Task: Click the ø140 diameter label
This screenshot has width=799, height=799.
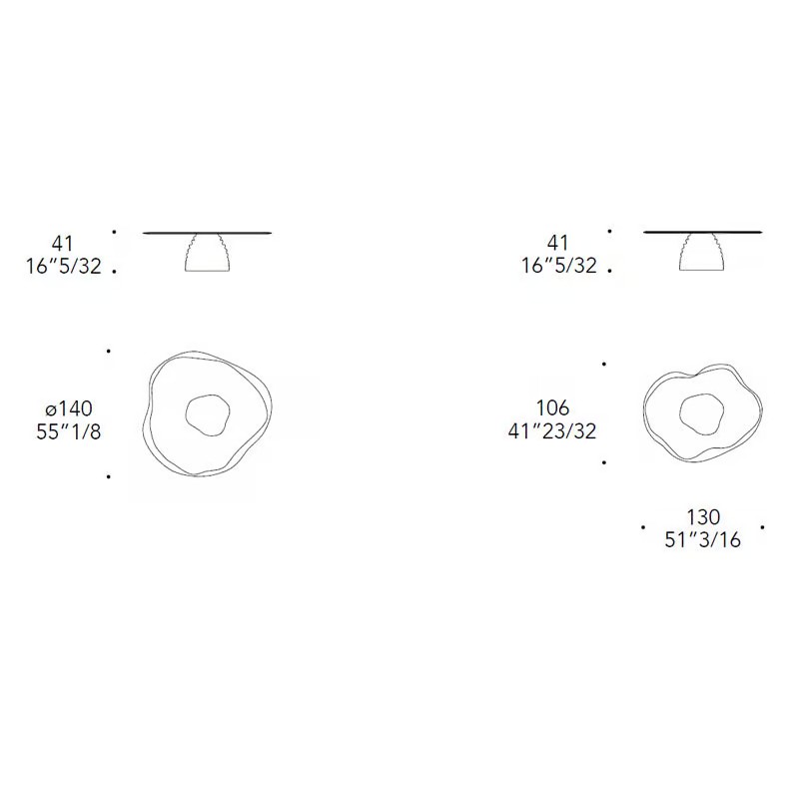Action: pyautogui.click(x=69, y=408)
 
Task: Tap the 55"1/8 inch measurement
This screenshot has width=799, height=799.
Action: pyautogui.click(x=69, y=431)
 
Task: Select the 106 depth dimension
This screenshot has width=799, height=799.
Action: pyautogui.click(x=552, y=408)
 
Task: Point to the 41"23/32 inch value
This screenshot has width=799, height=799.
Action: pyautogui.click(x=552, y=431)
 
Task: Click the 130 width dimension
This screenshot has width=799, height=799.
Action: pyautogui.click(x=703, y=517)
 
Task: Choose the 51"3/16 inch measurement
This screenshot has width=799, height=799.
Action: pyautogui.click(x=703, y=539)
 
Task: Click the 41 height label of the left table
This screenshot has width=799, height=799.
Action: pyautogui.click(x=62, y=244)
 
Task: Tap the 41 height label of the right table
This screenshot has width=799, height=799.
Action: pyautogui.click(x=557, y=243)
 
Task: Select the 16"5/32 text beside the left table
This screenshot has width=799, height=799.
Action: pyautogui.click(x=64, y=266)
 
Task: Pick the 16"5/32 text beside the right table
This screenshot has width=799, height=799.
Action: pyautogui.click(x=558, y=266)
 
